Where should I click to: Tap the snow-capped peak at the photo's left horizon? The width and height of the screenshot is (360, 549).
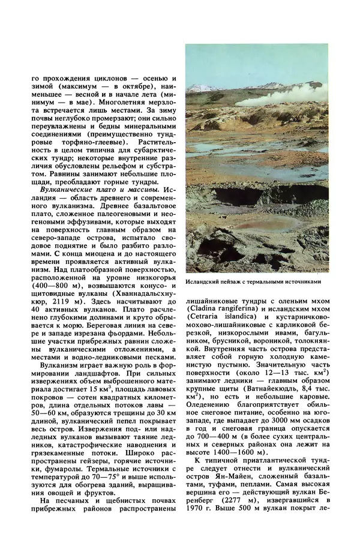point(199,88)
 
